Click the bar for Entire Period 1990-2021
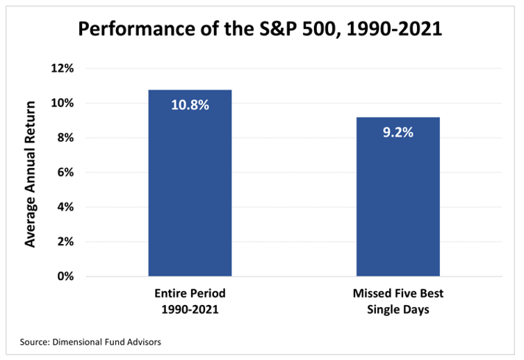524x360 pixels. point(190,183)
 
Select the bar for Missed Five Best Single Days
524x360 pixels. point(398,197)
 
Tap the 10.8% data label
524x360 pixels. point(190,105)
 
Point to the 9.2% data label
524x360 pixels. point(398,132)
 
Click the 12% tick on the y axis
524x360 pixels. point(62,69)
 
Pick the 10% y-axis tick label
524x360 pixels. point(62,103)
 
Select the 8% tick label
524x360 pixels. point(65,138)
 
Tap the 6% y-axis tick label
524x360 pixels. point(65,172)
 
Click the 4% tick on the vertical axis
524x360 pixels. point(65,207)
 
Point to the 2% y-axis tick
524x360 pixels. point(65,242)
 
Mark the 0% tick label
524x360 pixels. point(65,277)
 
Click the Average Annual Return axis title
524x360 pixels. point(30,174)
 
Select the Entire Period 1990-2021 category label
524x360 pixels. point(190,301)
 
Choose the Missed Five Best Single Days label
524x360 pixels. point(398,301)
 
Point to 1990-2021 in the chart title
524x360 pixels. point(394,28)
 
